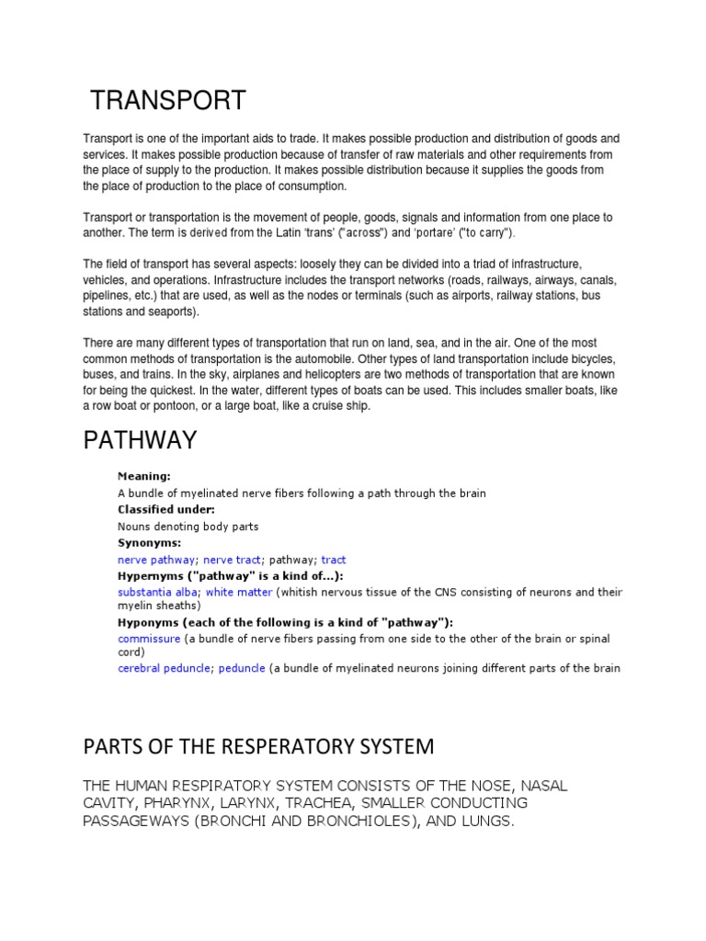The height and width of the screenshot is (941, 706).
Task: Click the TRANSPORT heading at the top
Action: tap(167, 99)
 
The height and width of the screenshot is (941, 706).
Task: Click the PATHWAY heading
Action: tap(140, 440)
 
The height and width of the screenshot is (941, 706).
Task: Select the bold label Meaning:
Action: tap(144, 476)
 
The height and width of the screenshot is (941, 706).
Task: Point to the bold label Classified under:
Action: tap(165, 509)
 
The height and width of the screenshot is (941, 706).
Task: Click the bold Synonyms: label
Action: tap(149, 542)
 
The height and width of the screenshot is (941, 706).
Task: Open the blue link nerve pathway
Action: tap(156, 559)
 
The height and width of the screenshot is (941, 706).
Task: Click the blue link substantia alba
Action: tap(157, 592)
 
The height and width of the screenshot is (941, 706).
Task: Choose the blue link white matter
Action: tap(239, 592)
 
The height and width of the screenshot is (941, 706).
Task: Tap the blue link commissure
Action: tap(149, 638)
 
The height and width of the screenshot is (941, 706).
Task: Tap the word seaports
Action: tap(166, 312)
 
